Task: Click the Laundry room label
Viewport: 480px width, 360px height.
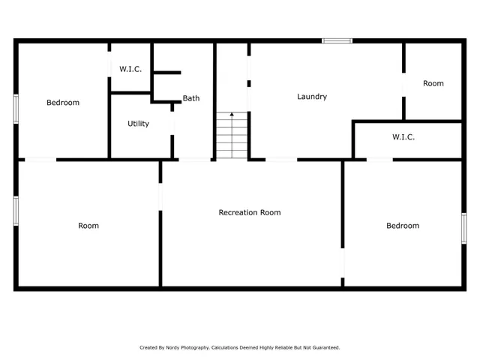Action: [311, 97]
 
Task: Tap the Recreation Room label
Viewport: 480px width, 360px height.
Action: [250, 212]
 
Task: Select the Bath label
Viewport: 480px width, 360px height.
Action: [191, 98]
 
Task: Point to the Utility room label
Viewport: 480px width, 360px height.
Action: [138, 124]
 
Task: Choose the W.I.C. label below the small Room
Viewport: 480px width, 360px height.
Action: [403, 137]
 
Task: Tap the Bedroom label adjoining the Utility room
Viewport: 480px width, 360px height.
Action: [62, 103]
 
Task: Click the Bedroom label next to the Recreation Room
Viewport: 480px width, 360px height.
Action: [403, 226]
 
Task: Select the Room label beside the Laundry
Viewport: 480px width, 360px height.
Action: [433, 83]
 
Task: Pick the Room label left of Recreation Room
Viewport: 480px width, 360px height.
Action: [88, 226]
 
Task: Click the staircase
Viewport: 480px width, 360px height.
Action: [232, 136]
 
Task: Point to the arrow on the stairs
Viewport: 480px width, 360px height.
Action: [232, 117]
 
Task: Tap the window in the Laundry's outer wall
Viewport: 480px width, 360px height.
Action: [337, 40]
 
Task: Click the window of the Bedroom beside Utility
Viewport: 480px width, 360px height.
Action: [16, 106]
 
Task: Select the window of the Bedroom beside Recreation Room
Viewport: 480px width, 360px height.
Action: [463, 228]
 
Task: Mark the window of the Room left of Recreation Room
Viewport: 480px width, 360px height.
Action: [16, 210]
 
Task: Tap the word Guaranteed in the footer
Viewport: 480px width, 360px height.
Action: [325, 347]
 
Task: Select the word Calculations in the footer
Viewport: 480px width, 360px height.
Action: [228, 347]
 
